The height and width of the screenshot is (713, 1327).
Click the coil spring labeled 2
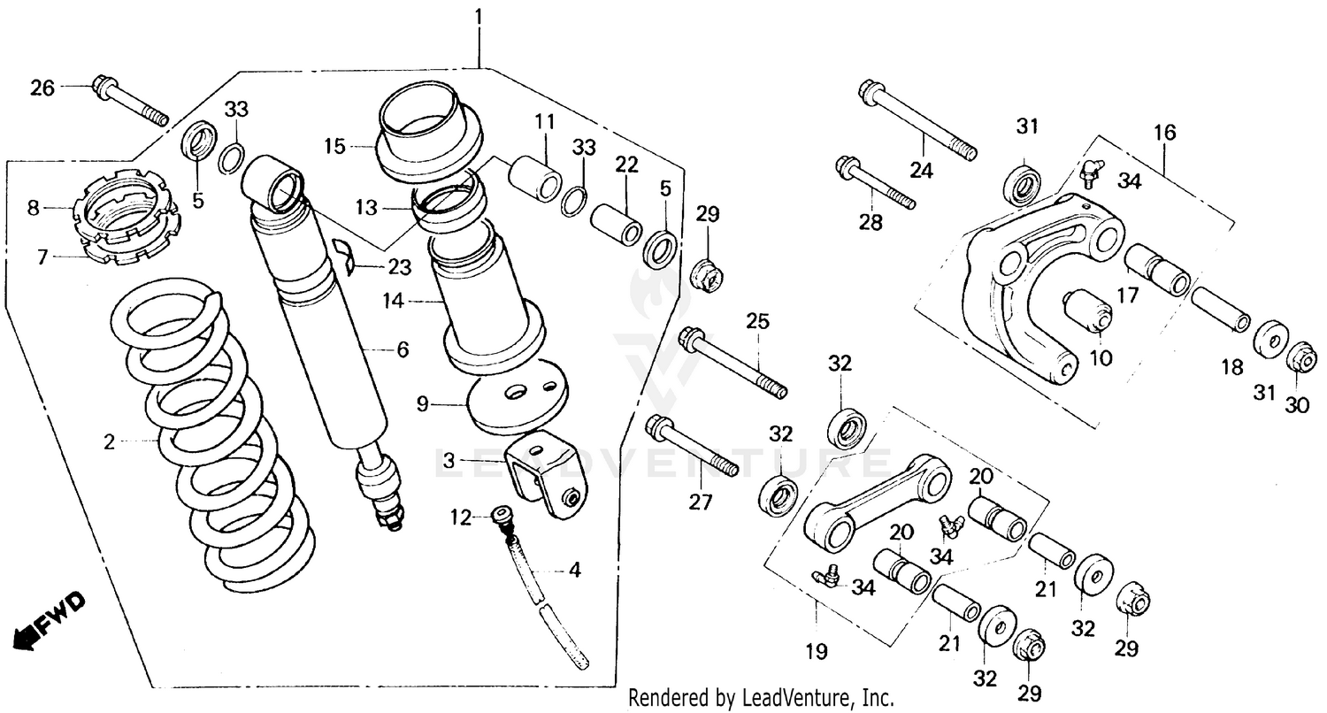pos(212,442)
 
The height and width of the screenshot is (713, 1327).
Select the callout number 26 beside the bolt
pos(42,88)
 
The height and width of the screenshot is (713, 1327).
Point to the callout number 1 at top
pos(479,16)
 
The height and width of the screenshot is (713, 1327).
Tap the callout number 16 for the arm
pos(1165,134)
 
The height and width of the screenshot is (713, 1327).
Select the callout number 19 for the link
pos(816,652)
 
